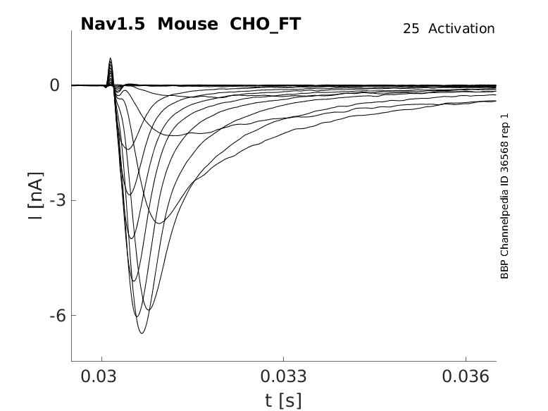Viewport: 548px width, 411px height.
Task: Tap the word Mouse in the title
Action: (x=187, y=24)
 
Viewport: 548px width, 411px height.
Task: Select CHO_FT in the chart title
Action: (x=261, y=24)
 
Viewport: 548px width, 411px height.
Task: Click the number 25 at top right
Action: (x=411, y=29)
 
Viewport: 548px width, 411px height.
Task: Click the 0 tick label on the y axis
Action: (x=55, y=85)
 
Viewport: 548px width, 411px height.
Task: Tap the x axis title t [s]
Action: (x=283, y=400)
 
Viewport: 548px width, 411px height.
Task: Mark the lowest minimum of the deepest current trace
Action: (x=142, y=333)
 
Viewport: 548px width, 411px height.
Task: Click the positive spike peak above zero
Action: (x=111, y=59)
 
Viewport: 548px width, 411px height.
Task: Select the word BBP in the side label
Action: (x=504, y=269)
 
